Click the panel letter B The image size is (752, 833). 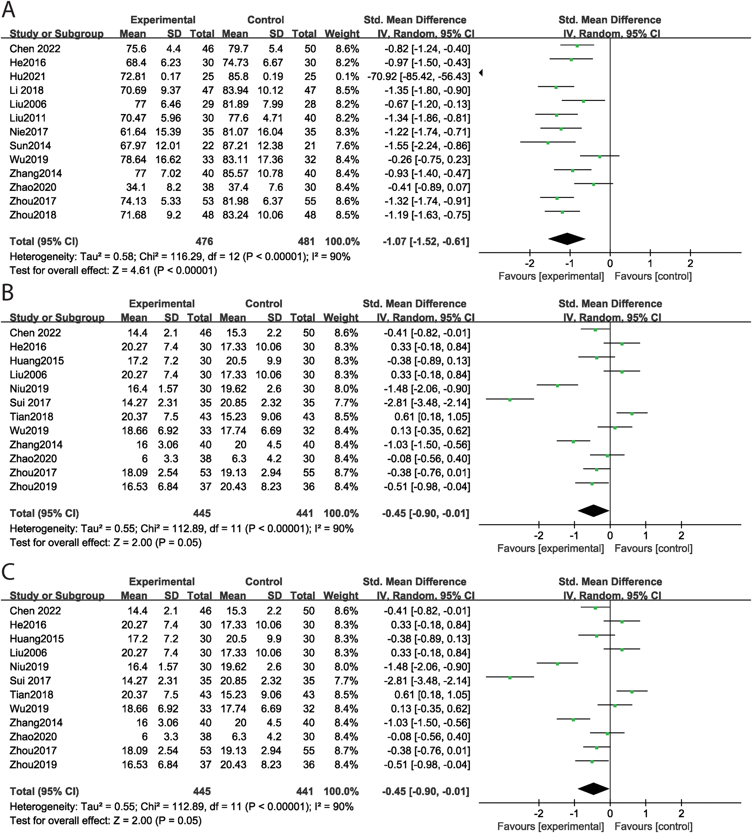pos(8,293)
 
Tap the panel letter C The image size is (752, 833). pos(8,571)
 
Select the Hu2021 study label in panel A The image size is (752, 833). pos(28,76)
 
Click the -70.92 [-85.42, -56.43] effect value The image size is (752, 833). pos(418,76)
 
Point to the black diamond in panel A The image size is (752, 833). pos(566,239)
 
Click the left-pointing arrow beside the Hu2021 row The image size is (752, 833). pos(481,73)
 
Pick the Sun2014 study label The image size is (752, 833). pos(30,146)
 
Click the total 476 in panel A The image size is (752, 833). pos(204,242)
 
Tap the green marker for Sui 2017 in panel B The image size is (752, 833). pos(510,400)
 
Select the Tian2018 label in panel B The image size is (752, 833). pos(31,417)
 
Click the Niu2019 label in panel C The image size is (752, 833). pos(29,667)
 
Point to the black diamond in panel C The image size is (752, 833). pos(593,789)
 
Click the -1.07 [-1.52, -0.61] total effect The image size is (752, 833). pos(426,242)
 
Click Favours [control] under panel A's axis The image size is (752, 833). pos(653,276)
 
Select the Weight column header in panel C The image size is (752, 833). pos(341,595)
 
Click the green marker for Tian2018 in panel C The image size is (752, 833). pos(632,692)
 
